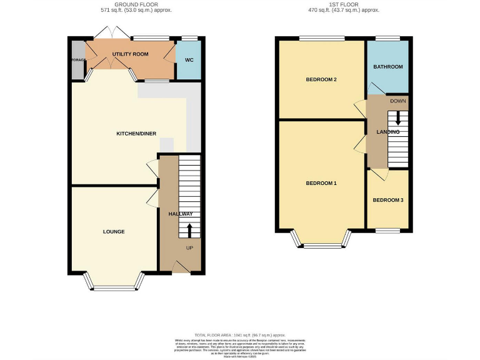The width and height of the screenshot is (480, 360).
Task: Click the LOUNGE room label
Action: pyautogui.click(x=114, y=232)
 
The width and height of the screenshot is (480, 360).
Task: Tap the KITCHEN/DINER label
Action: pyautogui.click(x=136, y=134)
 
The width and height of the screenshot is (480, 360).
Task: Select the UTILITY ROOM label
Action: pyautogui.click(x=130, y=54)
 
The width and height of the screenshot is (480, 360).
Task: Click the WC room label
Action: pyautogui.click(x=188, y=61)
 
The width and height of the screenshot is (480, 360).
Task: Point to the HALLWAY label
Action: pyautogui.click(x=180, y=214)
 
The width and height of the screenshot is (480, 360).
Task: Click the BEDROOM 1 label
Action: pyautogui.click(x=321, y=183)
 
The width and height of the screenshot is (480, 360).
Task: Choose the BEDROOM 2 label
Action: pyautogui.click(x=321, y=80)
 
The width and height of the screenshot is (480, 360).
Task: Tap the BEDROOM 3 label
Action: pyautogui.click(x=388, y=200)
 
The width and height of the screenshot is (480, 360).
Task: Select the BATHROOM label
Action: pyautogui.click(x=387, y=67)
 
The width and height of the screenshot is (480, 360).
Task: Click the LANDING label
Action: pyautogui.click(x=387, y=132)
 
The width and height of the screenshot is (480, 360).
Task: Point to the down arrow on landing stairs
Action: pyautogui.click(x=397, y=119)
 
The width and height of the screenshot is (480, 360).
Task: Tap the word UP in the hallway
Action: pyautogui.click(x=189, y=248)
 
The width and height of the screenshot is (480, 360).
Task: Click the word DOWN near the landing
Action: pyautogui.click(x=397, y=101)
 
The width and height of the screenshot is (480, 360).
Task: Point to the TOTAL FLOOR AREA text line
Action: pyautogui.click(x=239, y=335)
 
